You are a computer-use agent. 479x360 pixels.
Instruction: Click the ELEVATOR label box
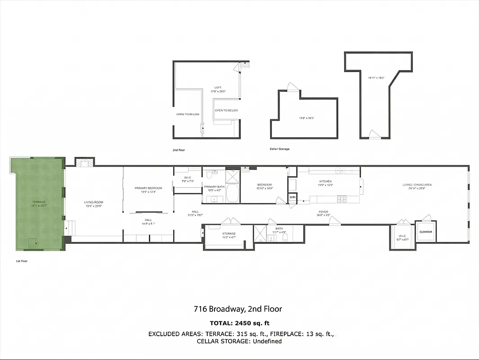[425, 232]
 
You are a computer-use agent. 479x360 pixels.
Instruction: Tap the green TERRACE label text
[39, 202]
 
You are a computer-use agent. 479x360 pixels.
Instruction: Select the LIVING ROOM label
[94, 202]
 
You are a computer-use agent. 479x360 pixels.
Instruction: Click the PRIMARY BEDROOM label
[148, 188]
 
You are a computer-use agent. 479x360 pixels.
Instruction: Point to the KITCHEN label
[325, 181]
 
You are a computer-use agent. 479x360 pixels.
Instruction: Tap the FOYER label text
[323, 211]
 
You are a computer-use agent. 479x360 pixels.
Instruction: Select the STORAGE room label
[228, 234]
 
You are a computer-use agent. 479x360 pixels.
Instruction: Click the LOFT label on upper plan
[218, 88]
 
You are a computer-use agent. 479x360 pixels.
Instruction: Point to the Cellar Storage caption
[279, 149]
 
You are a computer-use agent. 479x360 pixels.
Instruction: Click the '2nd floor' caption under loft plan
[179, 149]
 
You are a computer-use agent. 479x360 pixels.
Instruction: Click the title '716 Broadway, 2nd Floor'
[238, 309]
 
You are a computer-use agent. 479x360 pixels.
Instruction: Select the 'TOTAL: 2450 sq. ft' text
[239, 323]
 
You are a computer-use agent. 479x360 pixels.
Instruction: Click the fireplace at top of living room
[84, 162]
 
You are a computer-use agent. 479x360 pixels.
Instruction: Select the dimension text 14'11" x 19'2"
[376, 78]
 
